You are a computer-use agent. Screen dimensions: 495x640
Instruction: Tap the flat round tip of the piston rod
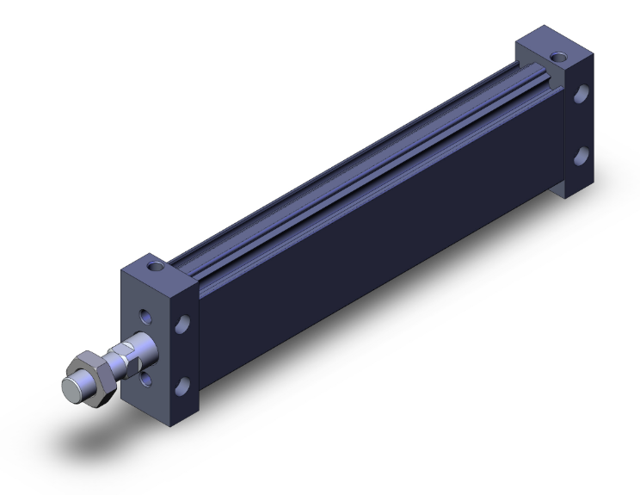pos(73,386)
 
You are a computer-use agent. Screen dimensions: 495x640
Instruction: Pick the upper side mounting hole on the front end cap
pos(182,325)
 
